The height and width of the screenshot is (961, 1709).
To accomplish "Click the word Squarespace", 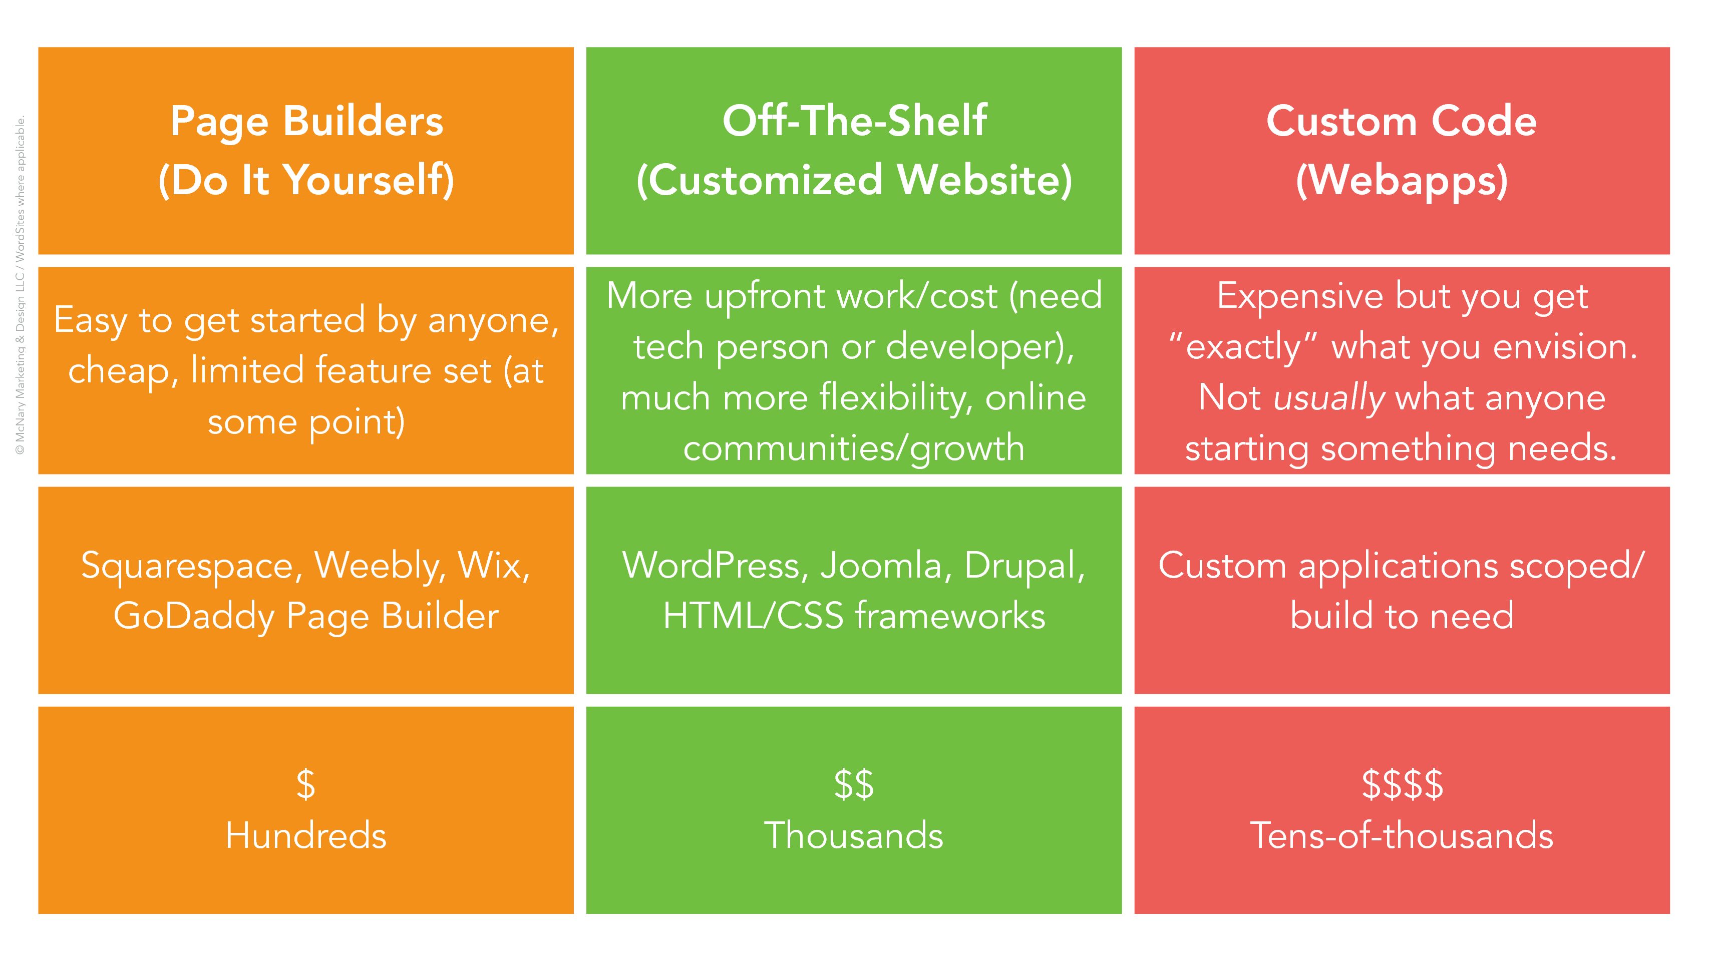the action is tap(187, 568).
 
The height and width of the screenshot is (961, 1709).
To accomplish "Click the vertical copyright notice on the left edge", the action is tap(21, 285).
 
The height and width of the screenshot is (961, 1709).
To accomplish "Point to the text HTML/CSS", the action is tap(754, 616).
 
